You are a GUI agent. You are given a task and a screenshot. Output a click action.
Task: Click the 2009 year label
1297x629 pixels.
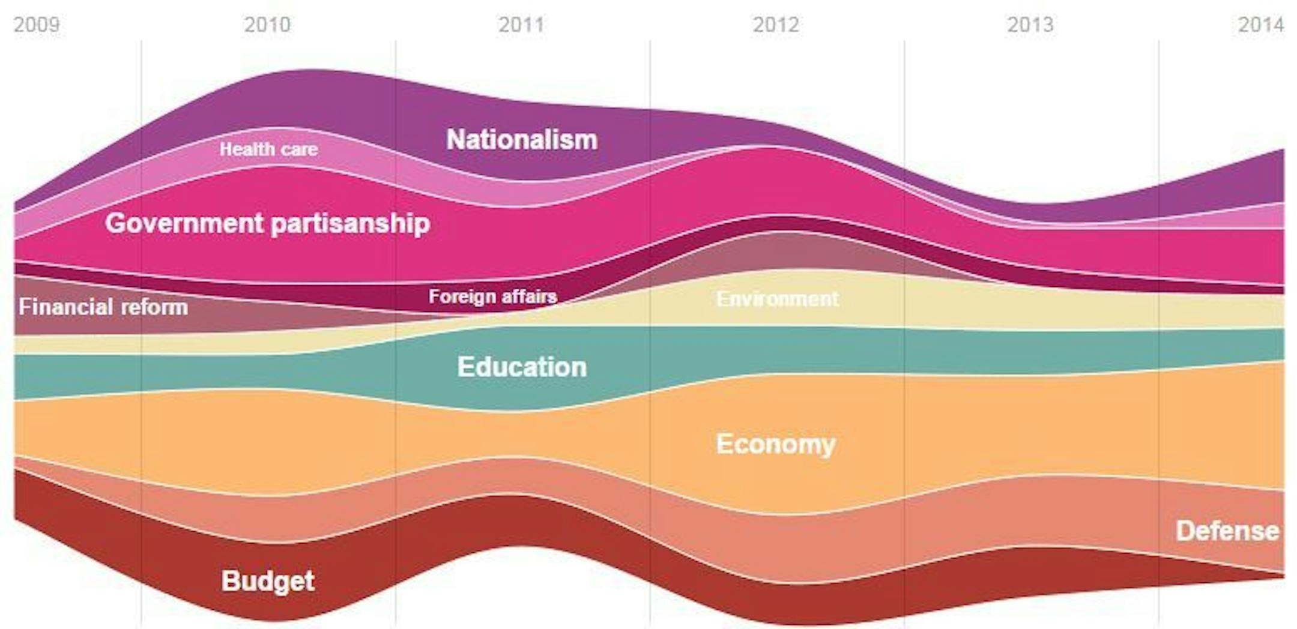point(37,25)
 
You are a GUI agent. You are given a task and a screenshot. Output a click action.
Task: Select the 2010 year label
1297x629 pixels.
point(267,25)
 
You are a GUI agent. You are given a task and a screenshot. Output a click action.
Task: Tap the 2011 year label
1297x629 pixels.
point(521,25)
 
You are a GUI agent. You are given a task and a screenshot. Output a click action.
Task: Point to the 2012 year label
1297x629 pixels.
point(776,25)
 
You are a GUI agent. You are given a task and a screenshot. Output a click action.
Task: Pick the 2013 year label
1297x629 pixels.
point(1030,25)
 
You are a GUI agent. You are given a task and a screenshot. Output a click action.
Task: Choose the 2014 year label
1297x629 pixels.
point(1260,25)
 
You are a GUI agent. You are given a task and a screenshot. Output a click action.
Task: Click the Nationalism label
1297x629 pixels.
point(522,140)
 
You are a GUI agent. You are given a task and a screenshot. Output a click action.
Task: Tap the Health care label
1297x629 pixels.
point(268,149)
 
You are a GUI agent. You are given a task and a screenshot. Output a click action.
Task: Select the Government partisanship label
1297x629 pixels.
point(267,223)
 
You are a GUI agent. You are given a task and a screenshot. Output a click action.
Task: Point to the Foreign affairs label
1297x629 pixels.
point(492,296)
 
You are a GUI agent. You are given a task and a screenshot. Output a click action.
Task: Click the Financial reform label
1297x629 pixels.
point(103,307)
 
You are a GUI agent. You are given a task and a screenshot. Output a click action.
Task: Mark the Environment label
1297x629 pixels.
point(777,299)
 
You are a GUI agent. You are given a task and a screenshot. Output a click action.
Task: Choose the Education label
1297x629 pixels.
point(522,367)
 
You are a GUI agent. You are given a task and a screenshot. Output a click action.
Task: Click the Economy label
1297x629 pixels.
point(776,444)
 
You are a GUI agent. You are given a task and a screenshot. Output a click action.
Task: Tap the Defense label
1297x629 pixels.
point(1227,531)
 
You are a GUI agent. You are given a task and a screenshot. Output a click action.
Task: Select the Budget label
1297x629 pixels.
point(268,580)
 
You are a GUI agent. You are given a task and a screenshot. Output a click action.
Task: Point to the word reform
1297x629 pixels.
point(155,307)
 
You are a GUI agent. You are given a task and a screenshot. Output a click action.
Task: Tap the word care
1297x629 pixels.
point(298,149)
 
